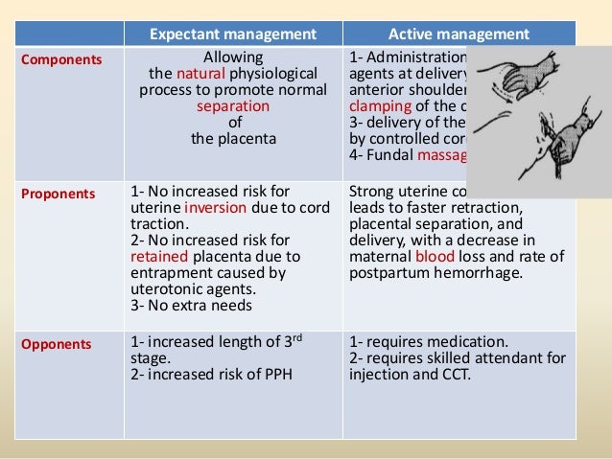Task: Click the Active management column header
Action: (459, 35)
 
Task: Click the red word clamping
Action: (380, 106)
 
